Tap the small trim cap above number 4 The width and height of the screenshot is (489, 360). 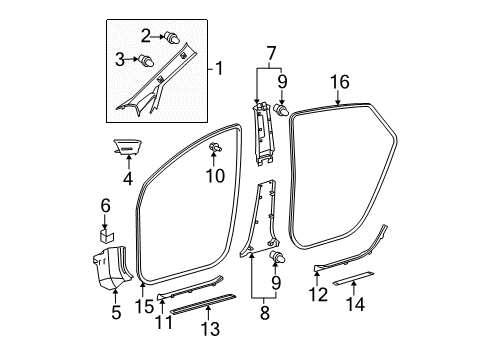click(128, 148)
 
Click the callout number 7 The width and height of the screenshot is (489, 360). click(268, 52)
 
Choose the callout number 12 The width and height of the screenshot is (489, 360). click(316, 295)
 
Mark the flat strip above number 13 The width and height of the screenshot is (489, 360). click(204, 310)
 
